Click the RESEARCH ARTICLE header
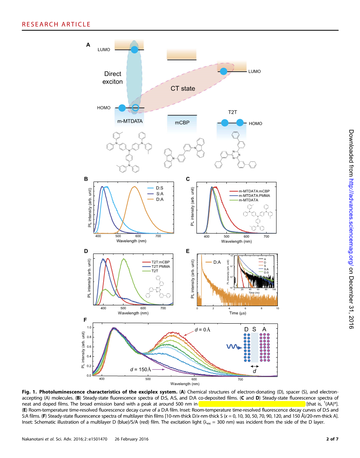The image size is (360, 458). pos(56,25)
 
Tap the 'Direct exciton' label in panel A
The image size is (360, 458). pos(113,78)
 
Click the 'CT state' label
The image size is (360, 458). pos(183,89)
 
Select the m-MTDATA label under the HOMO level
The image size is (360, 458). pos(130,121)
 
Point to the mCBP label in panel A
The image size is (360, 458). pos(182,122)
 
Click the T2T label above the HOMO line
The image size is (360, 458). pos(233,112)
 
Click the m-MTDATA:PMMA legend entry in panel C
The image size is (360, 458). pos(260,196)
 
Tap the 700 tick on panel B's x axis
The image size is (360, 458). pos(158,236)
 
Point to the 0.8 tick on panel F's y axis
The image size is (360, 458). pos(89,337)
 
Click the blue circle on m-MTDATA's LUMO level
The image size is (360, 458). pos(134,50)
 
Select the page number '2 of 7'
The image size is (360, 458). pos(332,440)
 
